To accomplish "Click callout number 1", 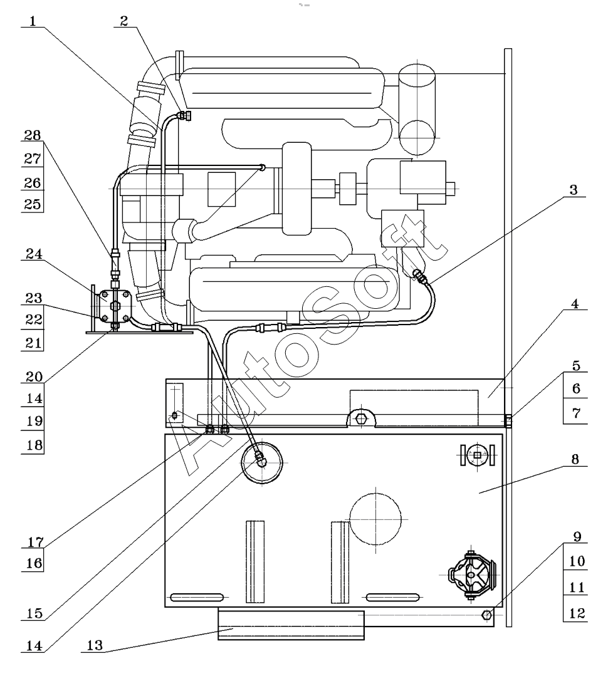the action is coord(33,21).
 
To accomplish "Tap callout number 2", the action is coord(124,21).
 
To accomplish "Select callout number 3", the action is coord(573,190).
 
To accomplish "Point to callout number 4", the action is coord(575,304).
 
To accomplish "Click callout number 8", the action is coord(575,459).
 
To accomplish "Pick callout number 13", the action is coord(95,645).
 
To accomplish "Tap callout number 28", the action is coord(32,135).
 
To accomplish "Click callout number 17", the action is coord(34,542).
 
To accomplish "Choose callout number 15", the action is coord(34,613).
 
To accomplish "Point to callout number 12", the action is coord(576,613).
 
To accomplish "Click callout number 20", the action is coord(34,377).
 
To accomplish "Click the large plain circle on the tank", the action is coord(375,519).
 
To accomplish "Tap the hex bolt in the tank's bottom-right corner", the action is coord(487,615).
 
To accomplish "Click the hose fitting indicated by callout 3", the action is coord(420,276).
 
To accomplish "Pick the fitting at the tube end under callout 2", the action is coord(184,116).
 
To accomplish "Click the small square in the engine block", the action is coord(221,189).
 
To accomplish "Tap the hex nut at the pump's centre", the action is coord(115,306).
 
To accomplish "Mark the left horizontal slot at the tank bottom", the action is coord(197,598).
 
